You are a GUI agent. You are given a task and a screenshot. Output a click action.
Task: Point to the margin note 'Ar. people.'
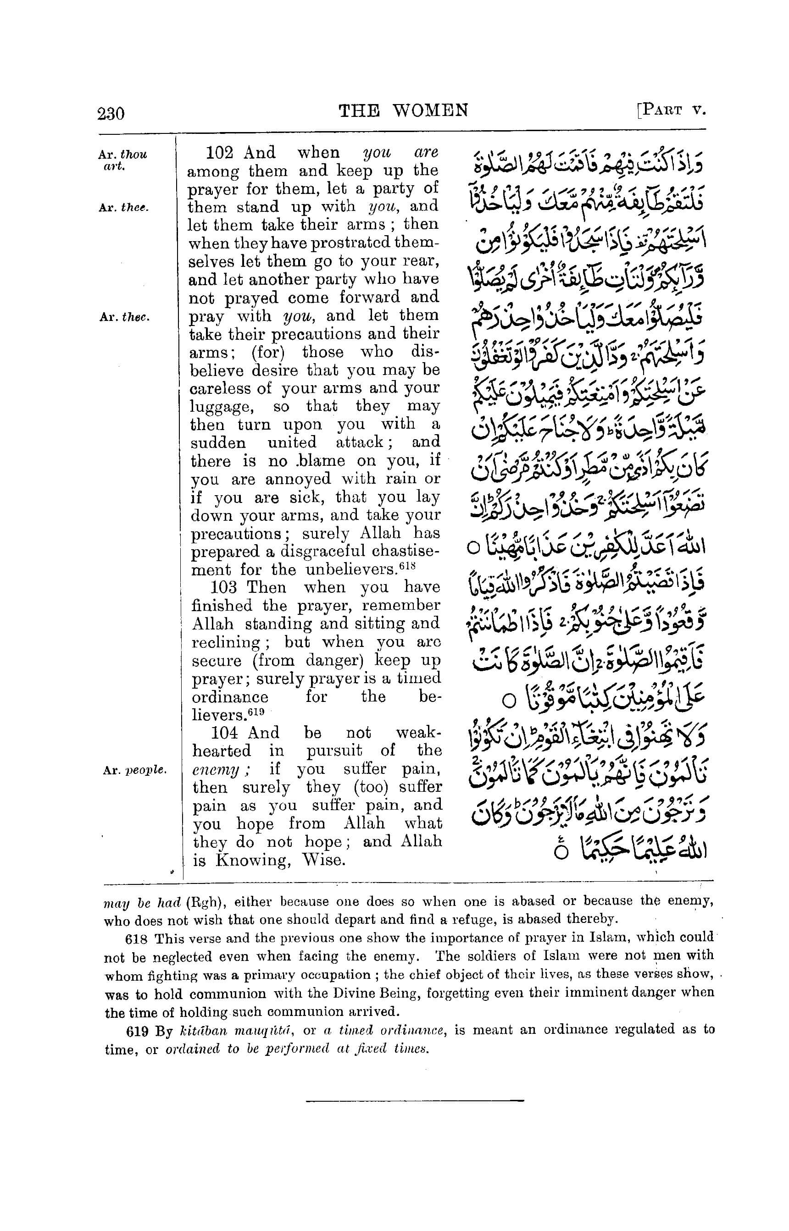coord(134,770)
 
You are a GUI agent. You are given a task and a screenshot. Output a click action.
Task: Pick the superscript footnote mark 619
coord(257,711)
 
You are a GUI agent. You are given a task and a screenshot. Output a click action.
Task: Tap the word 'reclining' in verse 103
coord(225,642)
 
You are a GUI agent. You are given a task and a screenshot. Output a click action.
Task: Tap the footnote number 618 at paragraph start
coord(136,938)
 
